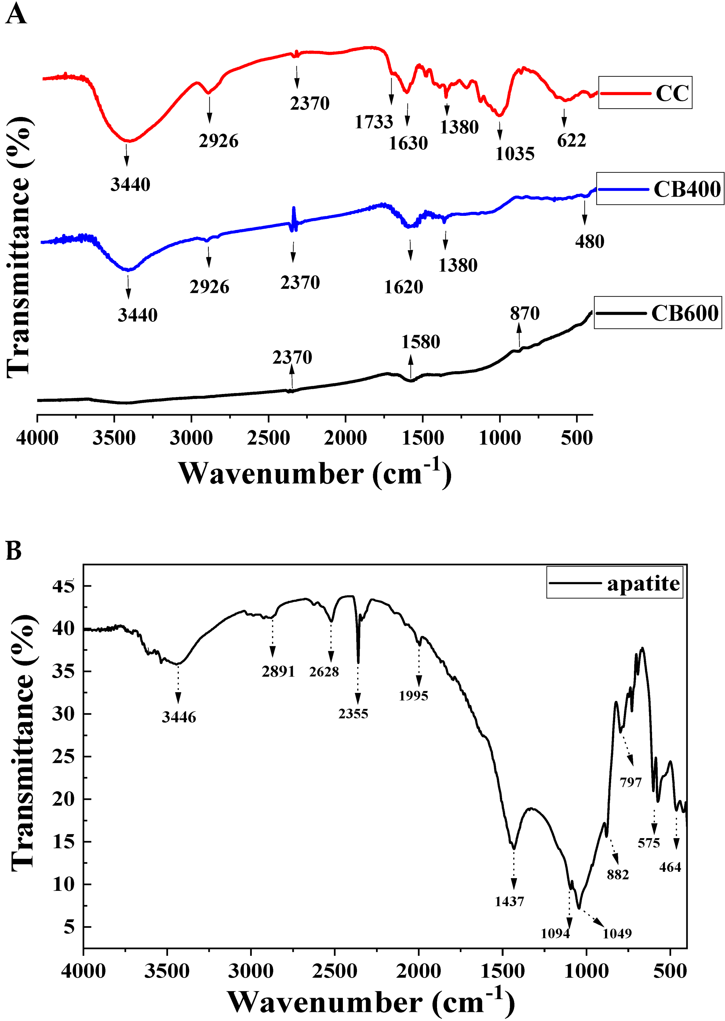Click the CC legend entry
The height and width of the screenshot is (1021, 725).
click(672, 93)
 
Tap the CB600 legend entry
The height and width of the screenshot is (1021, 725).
click(684, 313)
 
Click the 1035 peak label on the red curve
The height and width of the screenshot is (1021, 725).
click(515, 154)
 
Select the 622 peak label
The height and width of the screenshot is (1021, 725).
click(571, 141)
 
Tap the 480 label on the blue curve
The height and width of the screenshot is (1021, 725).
click(589, 241)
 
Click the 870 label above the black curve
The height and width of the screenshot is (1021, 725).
click(525, 313)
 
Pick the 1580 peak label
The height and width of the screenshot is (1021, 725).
click(420, 342)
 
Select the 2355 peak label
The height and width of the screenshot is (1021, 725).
click(353, 713)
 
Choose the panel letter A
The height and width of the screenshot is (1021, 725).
click(15, 14)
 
